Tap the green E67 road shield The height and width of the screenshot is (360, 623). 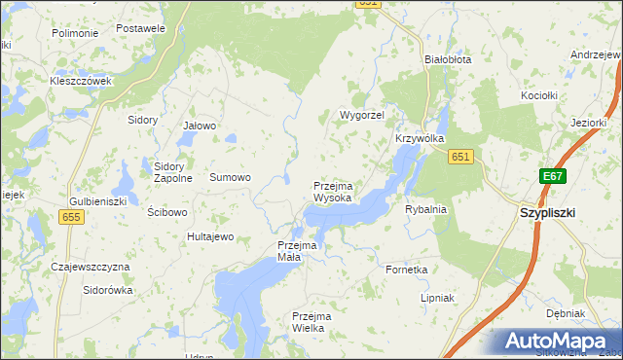[553, 176]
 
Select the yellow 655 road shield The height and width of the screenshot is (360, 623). [71, 219]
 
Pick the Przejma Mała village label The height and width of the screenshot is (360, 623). [298, 251]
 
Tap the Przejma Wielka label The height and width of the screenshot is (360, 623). [312, 322]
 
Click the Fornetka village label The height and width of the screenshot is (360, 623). [407, 270]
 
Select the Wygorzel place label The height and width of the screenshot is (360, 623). [362, 115]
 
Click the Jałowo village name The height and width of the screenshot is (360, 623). [200, 126]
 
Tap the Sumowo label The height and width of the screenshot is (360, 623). [231, 178]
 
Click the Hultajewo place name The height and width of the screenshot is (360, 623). [211, 236]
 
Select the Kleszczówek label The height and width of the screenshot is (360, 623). [82, 81]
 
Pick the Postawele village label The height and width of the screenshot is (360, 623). [140, 28]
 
